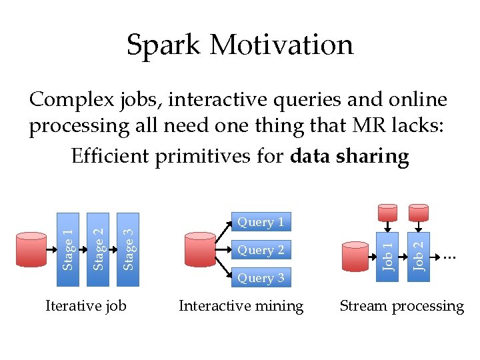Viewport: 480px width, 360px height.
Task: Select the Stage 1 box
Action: click(67, 249)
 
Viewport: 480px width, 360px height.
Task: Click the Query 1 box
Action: click(261, 222)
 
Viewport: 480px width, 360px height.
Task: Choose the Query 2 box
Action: click(261, 250)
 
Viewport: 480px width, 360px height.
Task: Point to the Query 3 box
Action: click(261, 278)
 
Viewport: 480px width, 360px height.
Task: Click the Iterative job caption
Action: click(85, 306)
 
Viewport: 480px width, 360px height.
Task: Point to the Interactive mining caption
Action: click(241, 306)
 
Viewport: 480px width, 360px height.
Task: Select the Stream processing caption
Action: click(401, 306)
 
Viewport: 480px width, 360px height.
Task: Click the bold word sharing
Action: click(373, 157)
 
